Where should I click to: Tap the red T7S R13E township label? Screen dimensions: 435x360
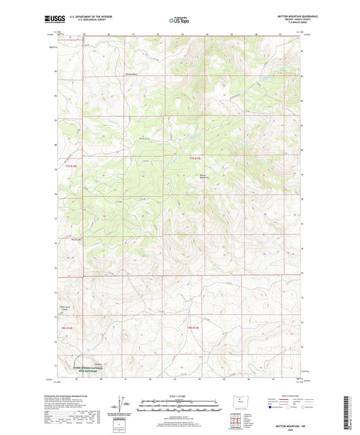196,157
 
